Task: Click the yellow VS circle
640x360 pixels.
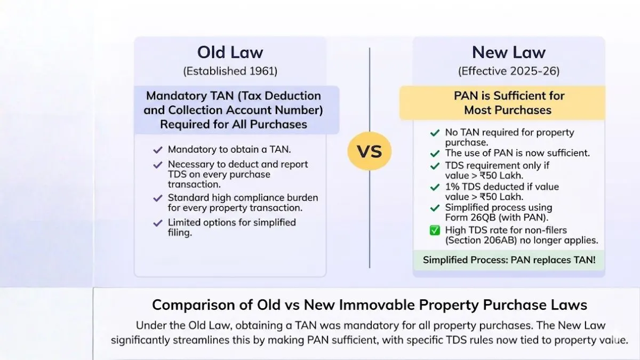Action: click(x=370, y=151)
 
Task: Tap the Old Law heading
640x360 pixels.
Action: click(x=230, y=52)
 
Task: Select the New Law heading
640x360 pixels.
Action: click(x=509, y=52)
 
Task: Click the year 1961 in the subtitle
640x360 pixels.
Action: click(x=262, y=71)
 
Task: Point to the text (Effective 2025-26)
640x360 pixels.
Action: click(x=509, y=71)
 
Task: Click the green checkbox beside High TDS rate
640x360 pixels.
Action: click(x=435, y=230)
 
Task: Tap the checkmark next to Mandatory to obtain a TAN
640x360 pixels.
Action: click(x=158, y=150)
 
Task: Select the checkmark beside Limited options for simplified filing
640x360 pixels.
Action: click(x=158, y=223)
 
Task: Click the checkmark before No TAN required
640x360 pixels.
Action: click(x=435, y=133)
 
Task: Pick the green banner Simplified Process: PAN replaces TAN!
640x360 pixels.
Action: click(x=509, y=260)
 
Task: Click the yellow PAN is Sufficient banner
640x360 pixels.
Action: click(x=502, y=103)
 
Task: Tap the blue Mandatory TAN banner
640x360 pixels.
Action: click(x=237, y=110)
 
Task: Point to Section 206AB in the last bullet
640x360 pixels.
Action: click(x=481, y=241)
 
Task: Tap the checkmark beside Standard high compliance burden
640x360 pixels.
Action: click(x=158, y=198)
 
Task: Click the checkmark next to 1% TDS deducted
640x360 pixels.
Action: click(x=435, y=187)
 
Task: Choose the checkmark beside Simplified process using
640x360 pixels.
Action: click(x=435, y=207)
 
